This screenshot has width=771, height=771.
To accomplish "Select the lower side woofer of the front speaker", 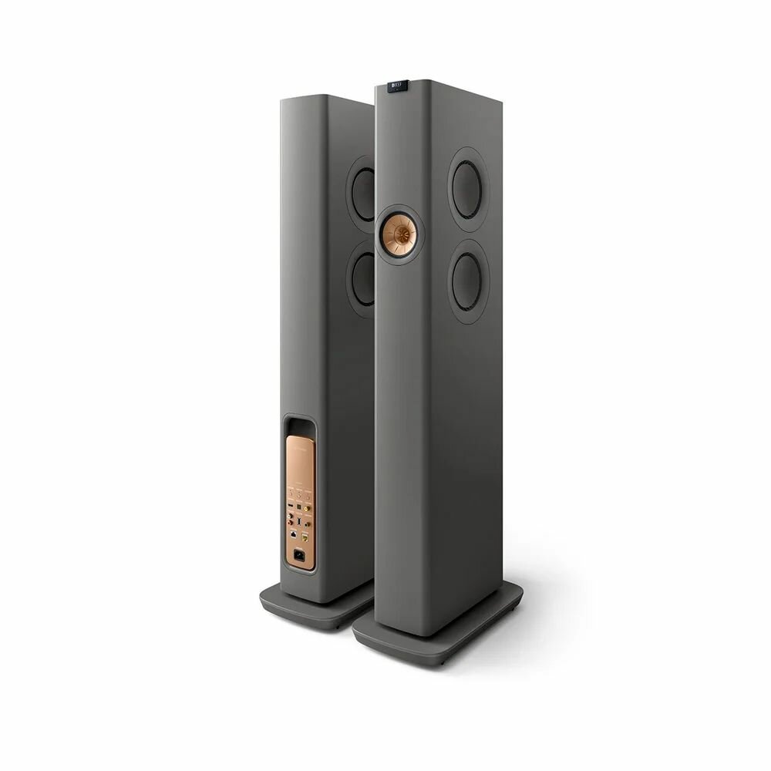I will pyautogui.click(x=470, y=274).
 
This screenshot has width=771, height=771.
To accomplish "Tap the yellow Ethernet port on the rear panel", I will pyautogui.click(x=305, y=538).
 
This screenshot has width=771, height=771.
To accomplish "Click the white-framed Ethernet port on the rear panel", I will pyautogui.click(x=293, y=534).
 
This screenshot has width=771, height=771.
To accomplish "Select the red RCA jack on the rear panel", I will pyautogui.click(x=290, y=523).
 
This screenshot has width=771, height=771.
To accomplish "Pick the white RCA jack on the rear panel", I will pyautogui.click(x=290, y=516).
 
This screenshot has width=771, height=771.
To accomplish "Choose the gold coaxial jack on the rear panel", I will pyautogui.click(x=307, y=508).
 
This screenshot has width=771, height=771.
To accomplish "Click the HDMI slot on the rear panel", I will pyautogui.click(x=291, y=505).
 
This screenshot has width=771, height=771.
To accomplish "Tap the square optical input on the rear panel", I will pyautogui.click(x=299, y=507).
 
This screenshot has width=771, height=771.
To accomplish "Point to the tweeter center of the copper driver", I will pyautogui.click(x=401, y=229).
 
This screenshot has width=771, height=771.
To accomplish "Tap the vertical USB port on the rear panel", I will pyautogui.click(x=299, y=521).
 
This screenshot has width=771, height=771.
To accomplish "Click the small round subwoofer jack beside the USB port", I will pyautogui.click(x=307, y=524).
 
